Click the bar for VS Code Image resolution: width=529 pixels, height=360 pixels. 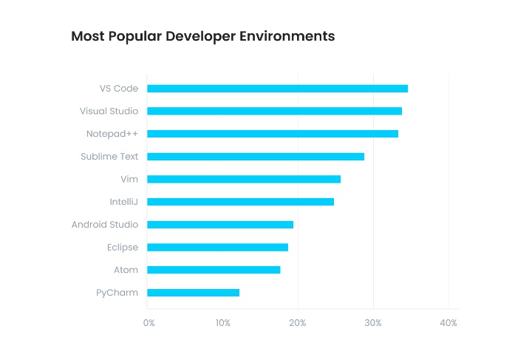pos(277,89)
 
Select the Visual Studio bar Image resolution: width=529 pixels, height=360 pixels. pos(274,111)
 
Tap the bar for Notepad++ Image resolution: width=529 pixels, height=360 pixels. pos(273,134)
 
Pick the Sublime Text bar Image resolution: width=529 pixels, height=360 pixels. pos(256,157)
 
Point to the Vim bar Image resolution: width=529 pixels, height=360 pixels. pos(244,179)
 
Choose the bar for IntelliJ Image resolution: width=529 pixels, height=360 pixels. pos(240,202)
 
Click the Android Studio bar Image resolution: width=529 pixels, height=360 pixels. pos(220,225)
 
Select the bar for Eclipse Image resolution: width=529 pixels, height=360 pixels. pos(217,247)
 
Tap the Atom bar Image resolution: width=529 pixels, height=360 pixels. pos(214,270)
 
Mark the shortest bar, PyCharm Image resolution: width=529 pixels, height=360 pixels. pos(193,293)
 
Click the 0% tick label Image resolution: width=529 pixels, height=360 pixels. pos(149,323)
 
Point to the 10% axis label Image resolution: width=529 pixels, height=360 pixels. pos(223,323)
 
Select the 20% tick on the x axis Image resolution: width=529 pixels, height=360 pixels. pos(298,323)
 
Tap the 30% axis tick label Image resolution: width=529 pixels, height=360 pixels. pos(373,323)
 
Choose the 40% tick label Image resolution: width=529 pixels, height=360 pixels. pos(448,323)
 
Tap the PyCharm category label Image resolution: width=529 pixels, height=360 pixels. pos(117,293)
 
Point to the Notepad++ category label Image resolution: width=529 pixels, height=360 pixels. pos(112,134)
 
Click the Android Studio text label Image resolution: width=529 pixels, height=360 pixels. pos(105,225)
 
